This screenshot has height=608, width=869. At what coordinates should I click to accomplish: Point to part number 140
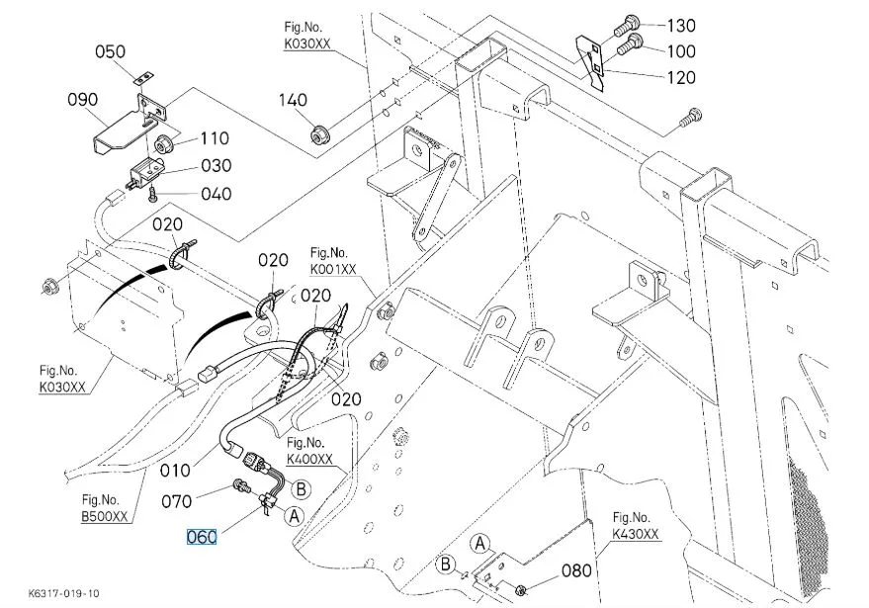[x=293, y=100]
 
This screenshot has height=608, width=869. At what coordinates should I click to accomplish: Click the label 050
[x=112, y=51]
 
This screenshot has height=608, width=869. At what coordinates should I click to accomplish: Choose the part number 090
[x=83, y=99]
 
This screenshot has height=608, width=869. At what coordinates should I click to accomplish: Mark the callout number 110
[x=215, y=139]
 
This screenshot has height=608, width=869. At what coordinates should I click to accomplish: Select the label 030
[x=217, y=166]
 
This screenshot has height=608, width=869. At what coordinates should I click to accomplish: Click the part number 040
[x=217, y=194]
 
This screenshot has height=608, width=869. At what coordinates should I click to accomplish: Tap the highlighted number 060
[x=203, y=537]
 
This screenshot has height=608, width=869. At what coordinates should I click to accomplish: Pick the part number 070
[x=177, y=501]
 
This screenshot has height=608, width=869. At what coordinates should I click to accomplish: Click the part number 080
[x=577, y=570]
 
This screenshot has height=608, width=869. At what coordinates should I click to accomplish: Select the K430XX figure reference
[x=635, y=534]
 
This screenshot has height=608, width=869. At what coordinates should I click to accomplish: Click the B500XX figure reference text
[x=103, y=516]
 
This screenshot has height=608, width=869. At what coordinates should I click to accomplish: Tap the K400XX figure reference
[x=309, y=459]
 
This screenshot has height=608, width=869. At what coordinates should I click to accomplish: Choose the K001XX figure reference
[x=334, y=268]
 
